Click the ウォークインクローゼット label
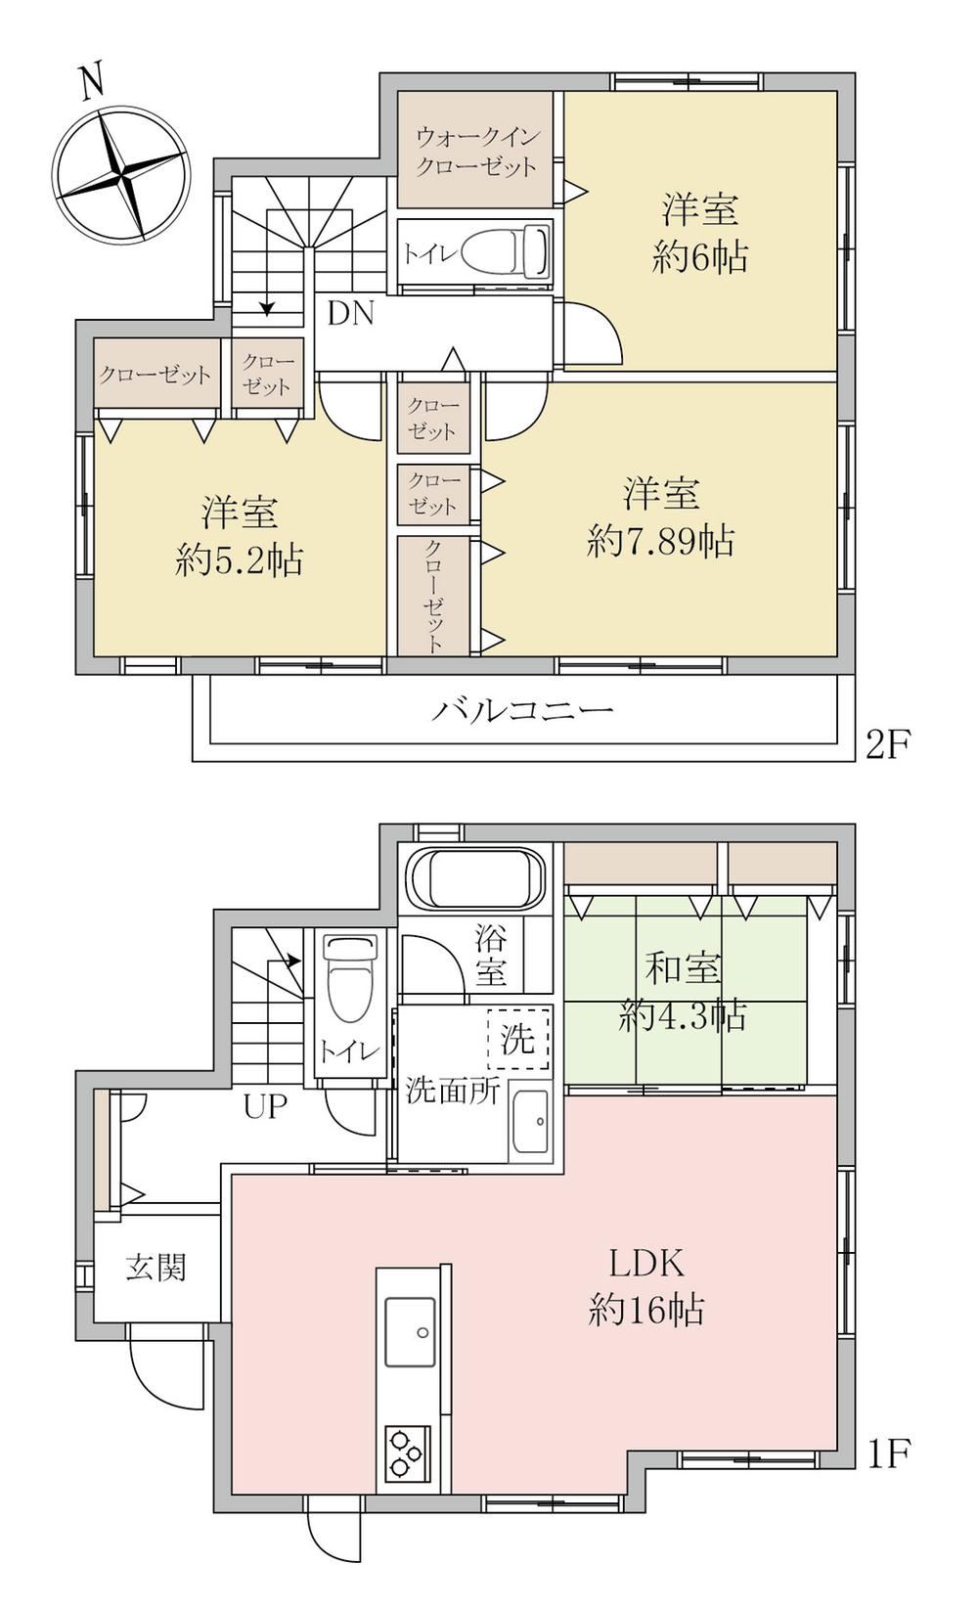point(476,152)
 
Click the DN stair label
point(351,314)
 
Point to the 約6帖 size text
point(699,257)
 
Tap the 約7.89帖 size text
point(660,541)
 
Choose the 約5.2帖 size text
point(239,559)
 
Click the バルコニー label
point(522,711)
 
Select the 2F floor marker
point(887,744)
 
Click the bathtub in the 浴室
point(475,879)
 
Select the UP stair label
point(265,1106)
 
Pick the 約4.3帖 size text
point(682,1016)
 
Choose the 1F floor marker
point(887,1452)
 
